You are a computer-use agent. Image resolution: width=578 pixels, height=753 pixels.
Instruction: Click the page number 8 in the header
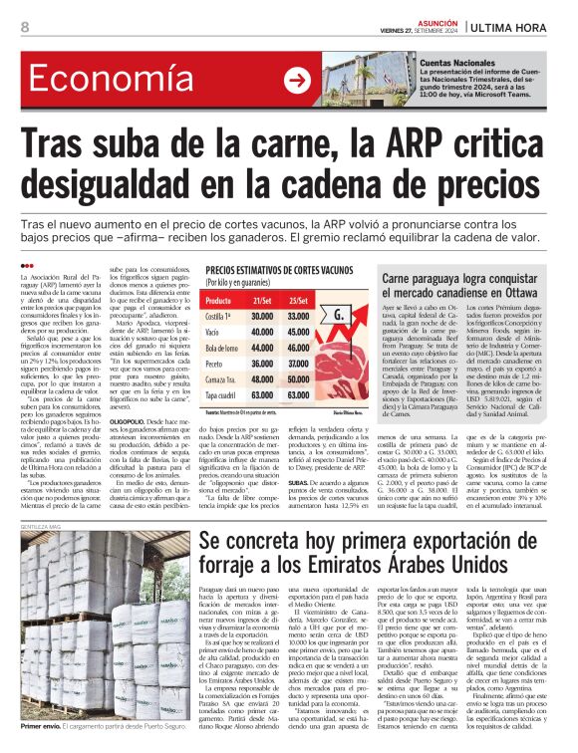point(23,27)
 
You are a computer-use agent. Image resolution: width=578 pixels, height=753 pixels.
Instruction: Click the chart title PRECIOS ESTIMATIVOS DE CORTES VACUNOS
point(279,270)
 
